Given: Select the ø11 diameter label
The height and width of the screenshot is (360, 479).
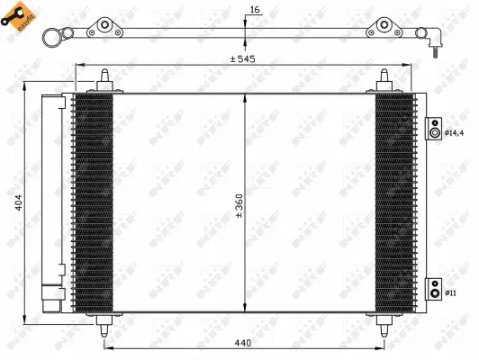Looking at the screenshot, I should pos(451,291).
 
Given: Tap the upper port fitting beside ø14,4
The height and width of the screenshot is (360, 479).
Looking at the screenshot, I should pos(435,132).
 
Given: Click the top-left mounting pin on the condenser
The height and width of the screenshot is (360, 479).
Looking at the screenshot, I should pos(106,80).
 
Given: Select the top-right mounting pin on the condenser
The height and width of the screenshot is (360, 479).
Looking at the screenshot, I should pos(384,80).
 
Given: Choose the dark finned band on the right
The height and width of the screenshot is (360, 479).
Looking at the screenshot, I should pos(393,202).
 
